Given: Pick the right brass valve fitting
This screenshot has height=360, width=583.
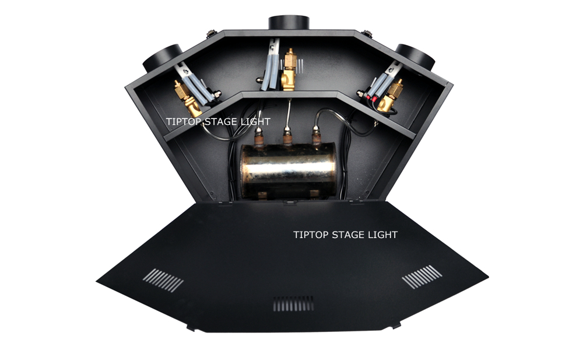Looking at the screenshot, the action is (x=391, y=95).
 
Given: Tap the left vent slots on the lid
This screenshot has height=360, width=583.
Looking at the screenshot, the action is (x=163, y=280).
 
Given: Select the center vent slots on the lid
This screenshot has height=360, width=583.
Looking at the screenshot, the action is (x=293, y=303).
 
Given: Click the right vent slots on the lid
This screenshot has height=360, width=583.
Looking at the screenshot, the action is (x=422, y=276).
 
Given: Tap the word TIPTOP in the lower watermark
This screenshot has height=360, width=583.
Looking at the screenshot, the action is (x=311, y=235).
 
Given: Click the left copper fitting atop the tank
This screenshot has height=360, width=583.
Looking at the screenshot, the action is (x=259, y=137).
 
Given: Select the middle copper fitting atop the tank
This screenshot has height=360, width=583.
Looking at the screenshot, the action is (x=287, y=137).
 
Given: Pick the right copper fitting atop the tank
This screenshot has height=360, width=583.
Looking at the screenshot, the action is (x=316, y=135).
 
